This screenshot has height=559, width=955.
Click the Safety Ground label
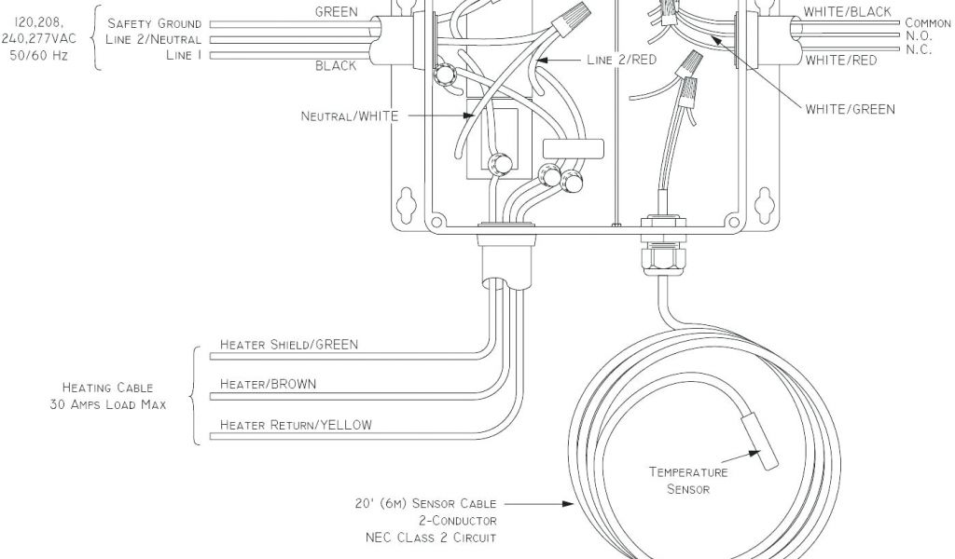pos(154,23)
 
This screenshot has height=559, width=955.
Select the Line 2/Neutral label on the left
pos(153,39)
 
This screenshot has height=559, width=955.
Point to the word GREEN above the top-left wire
pos(337,12)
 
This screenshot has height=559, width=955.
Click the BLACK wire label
pos(336,66)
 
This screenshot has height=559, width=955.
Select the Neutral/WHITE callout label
pos(350,116)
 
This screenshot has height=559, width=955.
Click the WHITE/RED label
pos(841,61)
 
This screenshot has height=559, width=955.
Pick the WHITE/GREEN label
pos(850,109)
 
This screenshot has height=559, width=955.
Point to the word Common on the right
pos(928,23)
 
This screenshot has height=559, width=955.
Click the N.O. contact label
pos(919,36)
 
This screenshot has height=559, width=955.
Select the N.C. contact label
pos(919,49)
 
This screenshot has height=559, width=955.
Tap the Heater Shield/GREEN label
pos(288,345)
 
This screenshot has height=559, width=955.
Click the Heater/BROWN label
pos(268,383)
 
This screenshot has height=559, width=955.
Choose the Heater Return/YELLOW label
pos(296,426)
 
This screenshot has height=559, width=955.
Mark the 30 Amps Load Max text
pos(108,404)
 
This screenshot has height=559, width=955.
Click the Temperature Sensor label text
pos(688,480)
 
